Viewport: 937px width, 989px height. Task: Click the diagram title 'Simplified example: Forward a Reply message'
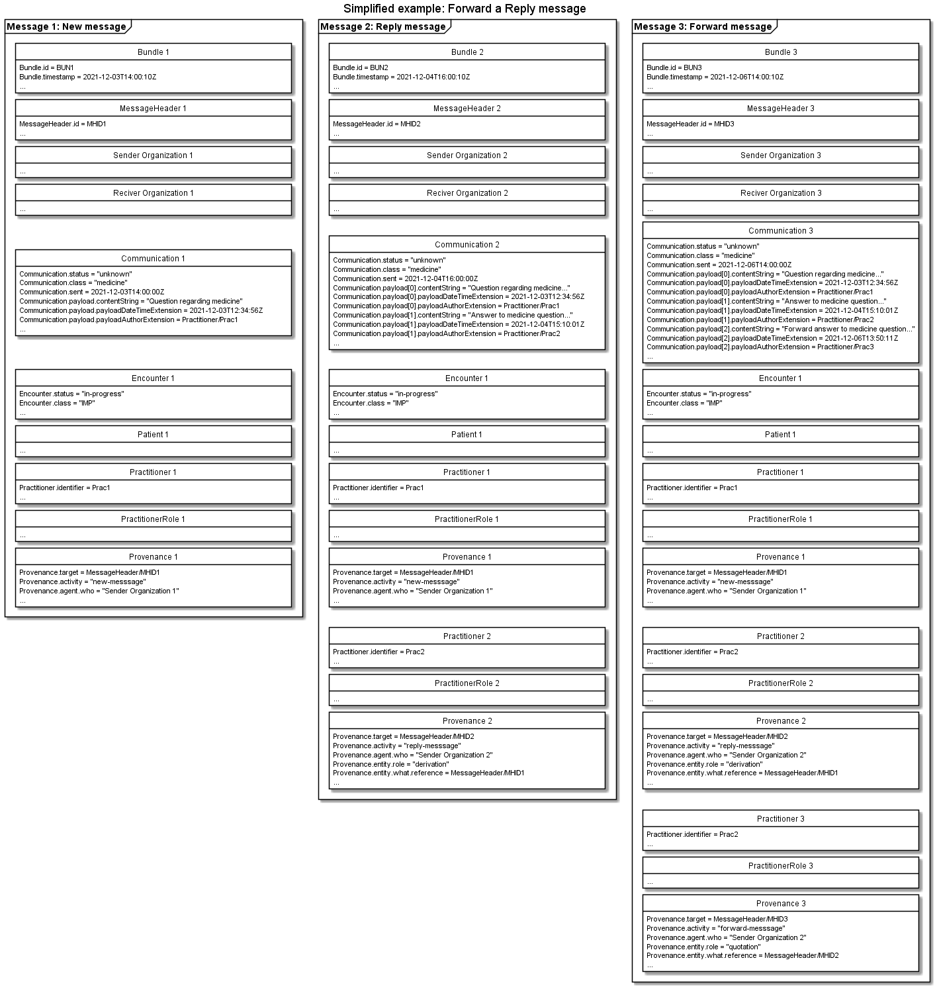pyautogui.click(x=465, y=9)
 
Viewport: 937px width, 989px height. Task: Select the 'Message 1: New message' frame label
pyautogui.click(x=66, y=27)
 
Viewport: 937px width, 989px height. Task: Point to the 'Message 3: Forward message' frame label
pyautogui.click(x=702, y=27)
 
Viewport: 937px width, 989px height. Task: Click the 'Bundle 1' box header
pyautogui.click(x=154, y=52)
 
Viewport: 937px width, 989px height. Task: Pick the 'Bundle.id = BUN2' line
pyautogui.click(x=361, y=67)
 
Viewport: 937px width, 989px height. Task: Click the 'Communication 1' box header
pyautogui.click(x=154, y=259)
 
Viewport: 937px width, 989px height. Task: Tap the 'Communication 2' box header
pyautogui.click(x=467, y=245)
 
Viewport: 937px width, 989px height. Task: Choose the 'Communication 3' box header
pyautogui.click(x=781, y=231)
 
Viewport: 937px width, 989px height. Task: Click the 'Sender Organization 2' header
pyautogui.click(x=467, y=155)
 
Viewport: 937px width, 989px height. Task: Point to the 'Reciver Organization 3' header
pyautogui.click(x=781, y=193)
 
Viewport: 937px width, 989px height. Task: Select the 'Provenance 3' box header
pyautogui.click(x=781, y=904)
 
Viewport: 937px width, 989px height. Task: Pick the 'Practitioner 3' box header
pyautogui.click(x=781, y=819)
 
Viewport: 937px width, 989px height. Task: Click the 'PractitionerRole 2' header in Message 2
pyautogui.click(x=467, y=683)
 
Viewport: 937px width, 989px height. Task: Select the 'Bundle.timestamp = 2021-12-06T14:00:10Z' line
pyautogui.click(x=715, y=77)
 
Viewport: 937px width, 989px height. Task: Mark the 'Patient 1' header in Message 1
pyautogui.click(x=154, y=435)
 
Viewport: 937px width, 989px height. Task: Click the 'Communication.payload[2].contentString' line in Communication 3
pyautogui.click(x=780, y=329)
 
